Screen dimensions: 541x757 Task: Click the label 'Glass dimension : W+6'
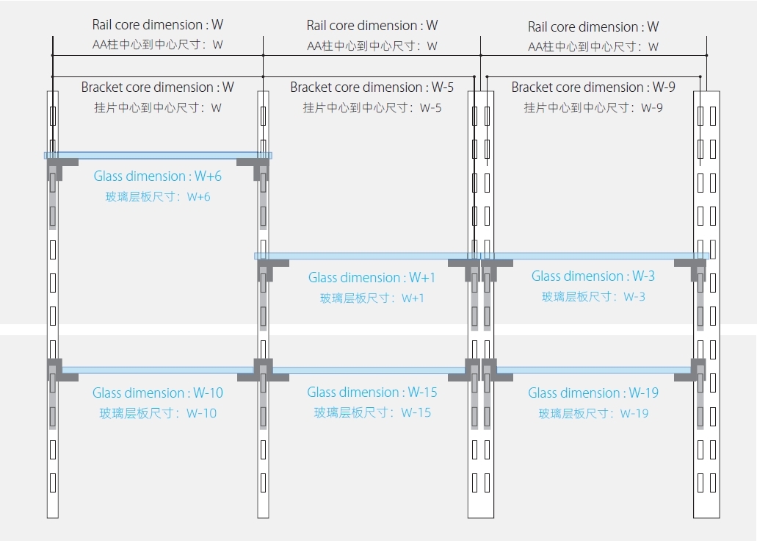pos(157,176)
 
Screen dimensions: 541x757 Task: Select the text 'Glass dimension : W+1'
pos(372,278)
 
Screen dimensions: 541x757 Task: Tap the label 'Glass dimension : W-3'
pos(593,276)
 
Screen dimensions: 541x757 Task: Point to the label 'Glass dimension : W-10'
pos(158,393)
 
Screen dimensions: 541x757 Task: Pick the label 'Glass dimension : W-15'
pos(372,393)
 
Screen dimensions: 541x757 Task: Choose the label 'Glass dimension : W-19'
pos(593,393)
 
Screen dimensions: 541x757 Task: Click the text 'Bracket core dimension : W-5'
pos(372,87)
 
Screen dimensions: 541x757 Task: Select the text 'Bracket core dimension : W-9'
pos(593,87)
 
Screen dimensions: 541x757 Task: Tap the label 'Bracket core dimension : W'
pos(157,87)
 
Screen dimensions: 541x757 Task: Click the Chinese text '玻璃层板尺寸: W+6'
pos(158,197)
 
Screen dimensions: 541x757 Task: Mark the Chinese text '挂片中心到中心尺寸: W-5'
pos(372,108)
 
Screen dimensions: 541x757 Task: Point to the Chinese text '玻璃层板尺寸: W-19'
pos(593,413)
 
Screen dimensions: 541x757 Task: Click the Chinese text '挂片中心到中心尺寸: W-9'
pos(593,108)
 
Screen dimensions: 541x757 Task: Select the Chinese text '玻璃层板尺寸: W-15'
pos(372,412)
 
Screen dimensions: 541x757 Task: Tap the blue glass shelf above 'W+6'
pos(158,156)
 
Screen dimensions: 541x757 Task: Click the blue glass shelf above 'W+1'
pos(367,257)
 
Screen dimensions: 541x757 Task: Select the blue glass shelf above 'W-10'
pos(158,370)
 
